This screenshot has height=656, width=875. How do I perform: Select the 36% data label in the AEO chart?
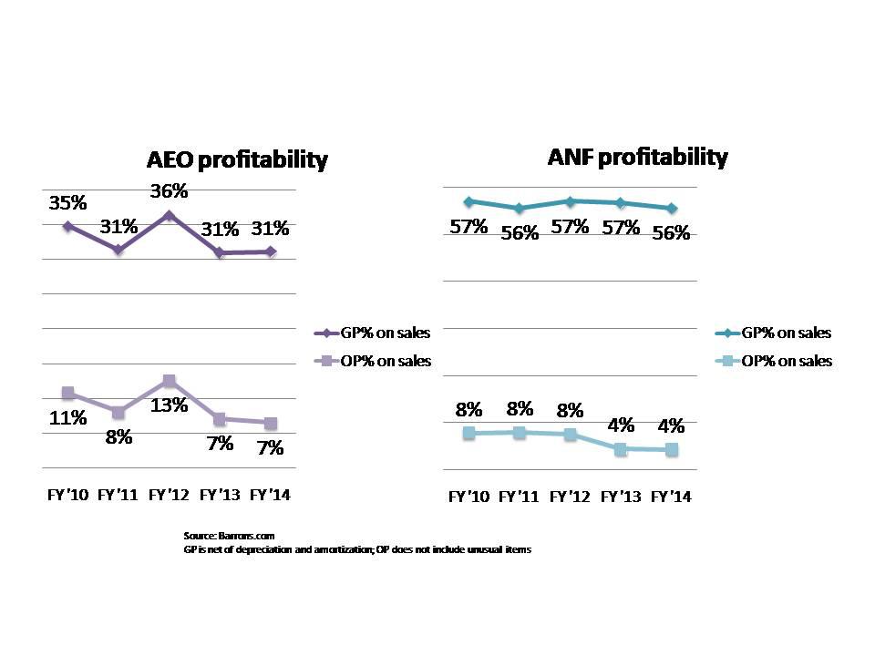tap(169, 191)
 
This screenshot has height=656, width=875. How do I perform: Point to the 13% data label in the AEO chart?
tap(169, 405)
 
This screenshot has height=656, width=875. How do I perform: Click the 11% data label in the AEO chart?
tap(68, 418)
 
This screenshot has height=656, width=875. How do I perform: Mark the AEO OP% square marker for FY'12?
tap(169, 381)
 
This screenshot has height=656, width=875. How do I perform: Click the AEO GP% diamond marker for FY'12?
tap(169, 215)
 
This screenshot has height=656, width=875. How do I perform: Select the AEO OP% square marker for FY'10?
tap(68, 393)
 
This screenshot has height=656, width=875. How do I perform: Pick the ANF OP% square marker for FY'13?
tap(621, 449)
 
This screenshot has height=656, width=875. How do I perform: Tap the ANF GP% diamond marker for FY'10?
tap(468, 201)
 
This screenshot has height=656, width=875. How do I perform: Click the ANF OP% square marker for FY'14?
tap(672, 450)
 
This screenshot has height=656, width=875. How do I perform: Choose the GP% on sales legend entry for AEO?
tap(372, 333)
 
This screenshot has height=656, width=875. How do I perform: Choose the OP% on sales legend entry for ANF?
tap(773, 361)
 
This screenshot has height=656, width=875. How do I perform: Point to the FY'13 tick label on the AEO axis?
tap(220, 495)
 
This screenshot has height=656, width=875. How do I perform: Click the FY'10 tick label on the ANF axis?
tap(468, 497)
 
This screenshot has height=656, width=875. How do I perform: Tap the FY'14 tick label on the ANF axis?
tap(671, 497)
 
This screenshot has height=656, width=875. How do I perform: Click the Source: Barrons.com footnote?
tap(229, 536)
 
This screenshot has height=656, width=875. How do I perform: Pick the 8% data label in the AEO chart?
tap(118, 436)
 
